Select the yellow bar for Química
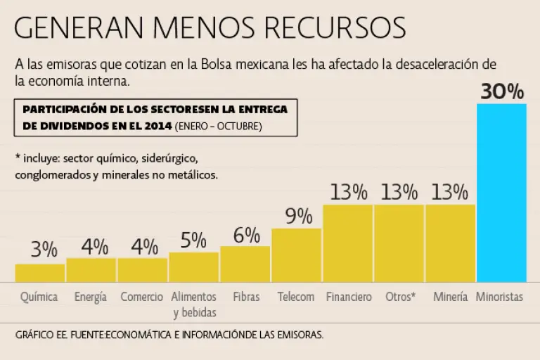[x=39, y=273]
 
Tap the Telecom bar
[x=296, y=255]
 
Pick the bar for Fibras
[x=245, y=264]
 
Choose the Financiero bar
[x=347, y=243]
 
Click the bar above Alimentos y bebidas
[x=193, y=266]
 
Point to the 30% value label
[x=501, y=92]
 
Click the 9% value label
[x=298, y=216]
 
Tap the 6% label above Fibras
[x=247, y=235]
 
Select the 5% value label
[x=193, y=240]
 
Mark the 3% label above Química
[x=44, y=249]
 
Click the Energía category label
[x=91, y=297]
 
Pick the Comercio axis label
[x=142, y=297]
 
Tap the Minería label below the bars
[x=451, y=297]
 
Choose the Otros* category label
[x=400, y=297]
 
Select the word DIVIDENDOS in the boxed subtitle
[x=68, y=127]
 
